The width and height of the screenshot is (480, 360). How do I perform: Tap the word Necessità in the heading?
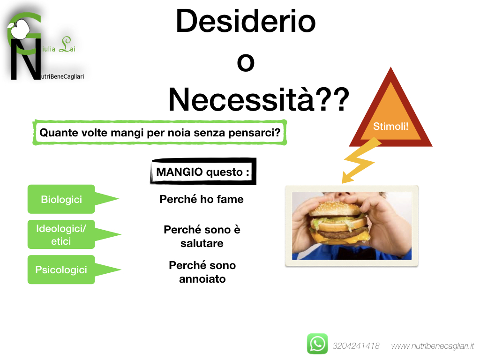pos(241,99)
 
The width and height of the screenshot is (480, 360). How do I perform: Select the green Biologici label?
pos(61,199)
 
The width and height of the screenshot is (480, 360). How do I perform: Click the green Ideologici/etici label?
pos(61,234)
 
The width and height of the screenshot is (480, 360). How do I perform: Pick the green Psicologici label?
pos(61,270)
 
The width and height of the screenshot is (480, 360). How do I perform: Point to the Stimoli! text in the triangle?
pos(390,126)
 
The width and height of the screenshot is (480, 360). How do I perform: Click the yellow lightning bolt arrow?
pos(360,161)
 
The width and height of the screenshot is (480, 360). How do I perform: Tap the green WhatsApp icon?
pos(317,344)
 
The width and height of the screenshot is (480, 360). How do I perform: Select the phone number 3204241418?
pos(356,346)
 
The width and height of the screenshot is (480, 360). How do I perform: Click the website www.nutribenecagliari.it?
pos(433,346)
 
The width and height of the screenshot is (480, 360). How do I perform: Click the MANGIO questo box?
pos(203,172)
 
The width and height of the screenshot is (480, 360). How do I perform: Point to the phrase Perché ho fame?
pos(202,199)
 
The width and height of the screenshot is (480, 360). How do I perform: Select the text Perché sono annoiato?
pos(202,272)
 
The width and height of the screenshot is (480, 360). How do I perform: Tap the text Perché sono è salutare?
pos(202,236)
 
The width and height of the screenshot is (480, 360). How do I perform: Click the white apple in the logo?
pos(19,29)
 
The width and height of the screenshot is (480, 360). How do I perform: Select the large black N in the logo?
pos(26,59)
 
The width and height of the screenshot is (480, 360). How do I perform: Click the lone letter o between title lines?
pos(246,62)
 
